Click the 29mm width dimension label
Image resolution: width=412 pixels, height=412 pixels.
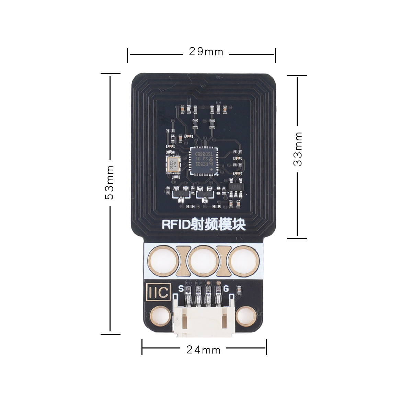(206, 52)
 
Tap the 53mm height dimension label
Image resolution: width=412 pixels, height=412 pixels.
(110, 182)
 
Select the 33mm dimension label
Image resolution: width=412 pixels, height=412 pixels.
(298, 149)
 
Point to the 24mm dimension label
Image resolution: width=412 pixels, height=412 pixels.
(203, 350)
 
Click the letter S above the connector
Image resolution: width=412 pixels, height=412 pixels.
(181, 288)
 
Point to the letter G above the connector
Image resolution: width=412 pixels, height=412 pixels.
(226, 288)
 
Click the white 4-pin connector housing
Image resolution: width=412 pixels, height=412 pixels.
(204, 321)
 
